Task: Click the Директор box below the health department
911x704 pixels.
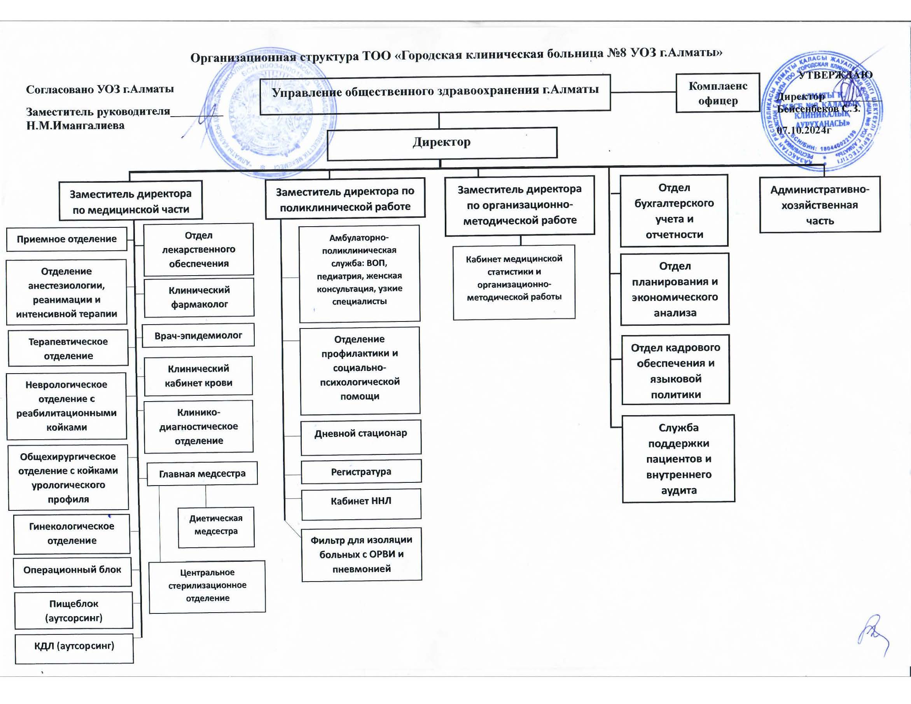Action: click(442, 143)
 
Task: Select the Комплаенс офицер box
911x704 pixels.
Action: click(717, 93)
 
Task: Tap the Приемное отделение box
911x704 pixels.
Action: click(67, 239)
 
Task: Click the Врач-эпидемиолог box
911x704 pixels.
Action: click(198, 336)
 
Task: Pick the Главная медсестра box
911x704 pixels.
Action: click(202, 474)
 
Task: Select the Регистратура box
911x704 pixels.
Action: click(361, 472)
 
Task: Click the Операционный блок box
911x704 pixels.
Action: click(72, 570)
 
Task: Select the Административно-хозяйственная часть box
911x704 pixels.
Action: click(820, 205)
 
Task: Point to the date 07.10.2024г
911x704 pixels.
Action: click(804, 130)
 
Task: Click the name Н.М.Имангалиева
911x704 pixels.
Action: click(75, 126)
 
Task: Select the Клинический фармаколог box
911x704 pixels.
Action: click(199, 297)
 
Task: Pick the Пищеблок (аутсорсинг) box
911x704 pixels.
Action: click(74, 611)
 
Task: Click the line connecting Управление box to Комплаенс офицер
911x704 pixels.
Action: click(643, 92)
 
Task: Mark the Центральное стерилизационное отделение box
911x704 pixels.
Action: click(207, 585)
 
